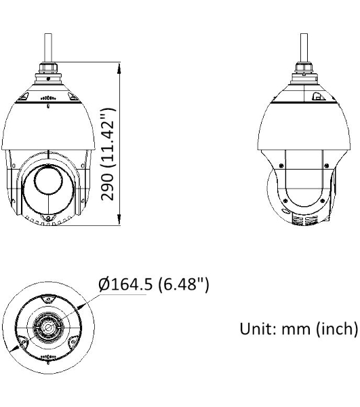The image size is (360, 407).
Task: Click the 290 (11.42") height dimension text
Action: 107,155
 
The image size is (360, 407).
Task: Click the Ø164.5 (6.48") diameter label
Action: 153,284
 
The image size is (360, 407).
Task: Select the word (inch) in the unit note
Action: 337,329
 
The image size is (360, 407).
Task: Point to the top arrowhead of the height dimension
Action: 119,68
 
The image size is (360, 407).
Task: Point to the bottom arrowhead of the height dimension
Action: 119,219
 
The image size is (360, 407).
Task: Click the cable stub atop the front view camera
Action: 48,47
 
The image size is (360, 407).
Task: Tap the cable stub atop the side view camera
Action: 304,47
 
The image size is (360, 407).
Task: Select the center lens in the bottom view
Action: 48,326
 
